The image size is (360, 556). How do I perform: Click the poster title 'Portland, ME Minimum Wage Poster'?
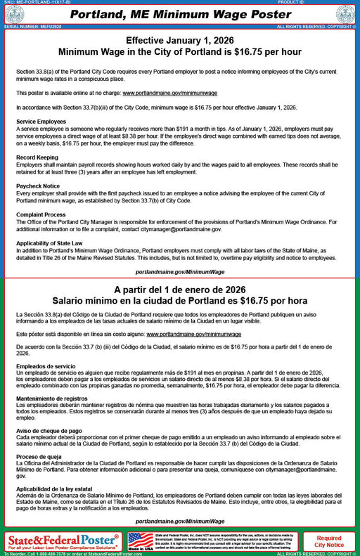click(179, 14)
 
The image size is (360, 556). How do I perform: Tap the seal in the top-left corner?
click(14, 14)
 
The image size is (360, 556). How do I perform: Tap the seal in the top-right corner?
click(345, 14)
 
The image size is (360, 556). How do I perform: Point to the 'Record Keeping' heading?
click(37, 156)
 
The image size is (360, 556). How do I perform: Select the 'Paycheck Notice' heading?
click(39, 186)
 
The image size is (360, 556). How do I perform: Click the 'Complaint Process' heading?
click(41, 214)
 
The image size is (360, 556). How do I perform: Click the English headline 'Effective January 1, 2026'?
click(179, 41)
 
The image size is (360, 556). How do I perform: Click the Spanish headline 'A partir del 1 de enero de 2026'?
click(179, 290)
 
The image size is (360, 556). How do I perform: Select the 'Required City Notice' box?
click(329, 541)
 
